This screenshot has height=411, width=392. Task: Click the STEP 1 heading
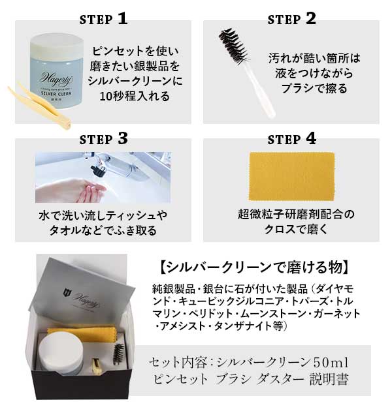click(104, 19)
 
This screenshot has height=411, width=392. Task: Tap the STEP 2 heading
click(291, 19)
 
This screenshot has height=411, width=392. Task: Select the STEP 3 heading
click(104, 138)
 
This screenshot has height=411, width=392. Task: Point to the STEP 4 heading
click(291, 138)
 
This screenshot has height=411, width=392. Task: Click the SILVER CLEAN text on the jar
click(56, 93)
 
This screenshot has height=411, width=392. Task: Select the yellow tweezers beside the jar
click(39, 106)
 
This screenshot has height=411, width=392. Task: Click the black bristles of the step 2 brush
click(233, 47)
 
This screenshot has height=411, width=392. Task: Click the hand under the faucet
click(71, 190)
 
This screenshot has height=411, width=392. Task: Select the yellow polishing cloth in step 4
click(291, 177)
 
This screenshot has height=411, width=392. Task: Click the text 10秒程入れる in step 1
click(135, 96)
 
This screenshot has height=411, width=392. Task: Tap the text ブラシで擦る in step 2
click(314, 88)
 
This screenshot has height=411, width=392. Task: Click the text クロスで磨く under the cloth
click(296, 230)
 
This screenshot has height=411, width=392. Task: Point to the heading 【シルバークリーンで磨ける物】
click(254, 267)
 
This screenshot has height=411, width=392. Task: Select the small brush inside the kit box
click(118, 354)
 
